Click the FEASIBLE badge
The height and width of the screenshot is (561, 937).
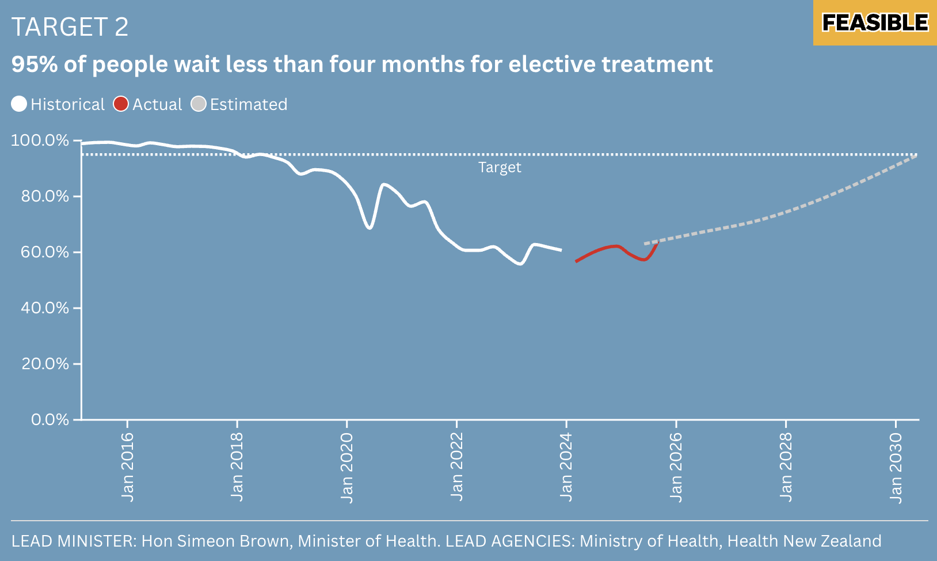(x=874, y=23)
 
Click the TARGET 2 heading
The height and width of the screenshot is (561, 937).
(x=70, y=27)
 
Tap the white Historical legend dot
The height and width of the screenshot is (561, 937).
(x=19, y=104)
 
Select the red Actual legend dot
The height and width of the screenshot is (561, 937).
(x=121, y=104)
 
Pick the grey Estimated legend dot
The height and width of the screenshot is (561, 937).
(x=199, y=104)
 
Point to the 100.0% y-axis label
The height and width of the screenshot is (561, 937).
(x=40, y=141)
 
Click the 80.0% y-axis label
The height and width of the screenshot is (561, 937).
(x=45, y=196)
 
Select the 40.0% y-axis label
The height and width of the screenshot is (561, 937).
(x=45, y=308)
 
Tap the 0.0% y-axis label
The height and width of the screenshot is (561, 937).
(x=50, y=420)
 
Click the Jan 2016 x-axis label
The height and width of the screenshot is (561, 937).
(x=127, y=467)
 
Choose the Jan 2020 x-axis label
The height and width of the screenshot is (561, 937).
(x=346, y=467)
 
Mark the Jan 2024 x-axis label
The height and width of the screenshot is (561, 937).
(x=566, y=467)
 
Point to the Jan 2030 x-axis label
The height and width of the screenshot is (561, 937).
(x=896, y=467)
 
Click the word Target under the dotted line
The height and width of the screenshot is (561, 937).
(x=500, y=168)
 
